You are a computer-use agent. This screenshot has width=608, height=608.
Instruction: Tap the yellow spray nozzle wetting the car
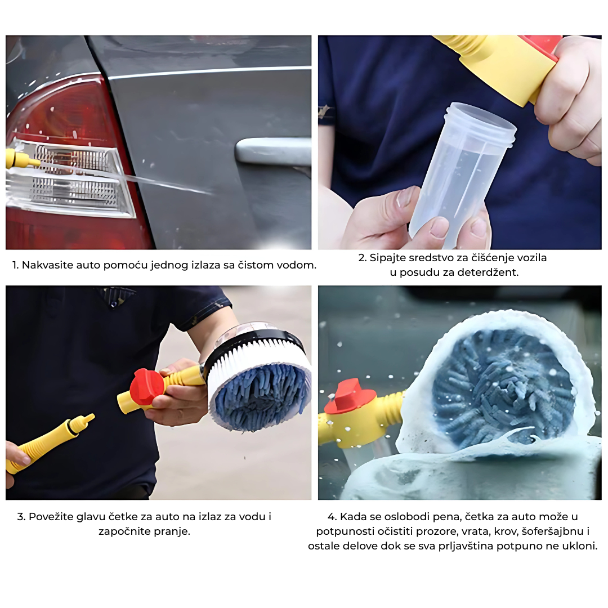coord(21,159)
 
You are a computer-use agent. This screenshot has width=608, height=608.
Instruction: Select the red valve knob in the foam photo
coord(350,396)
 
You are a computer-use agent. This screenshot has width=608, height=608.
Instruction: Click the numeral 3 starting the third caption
coord(21,517)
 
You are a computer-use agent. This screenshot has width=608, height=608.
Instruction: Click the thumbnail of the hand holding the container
coord(459,142)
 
